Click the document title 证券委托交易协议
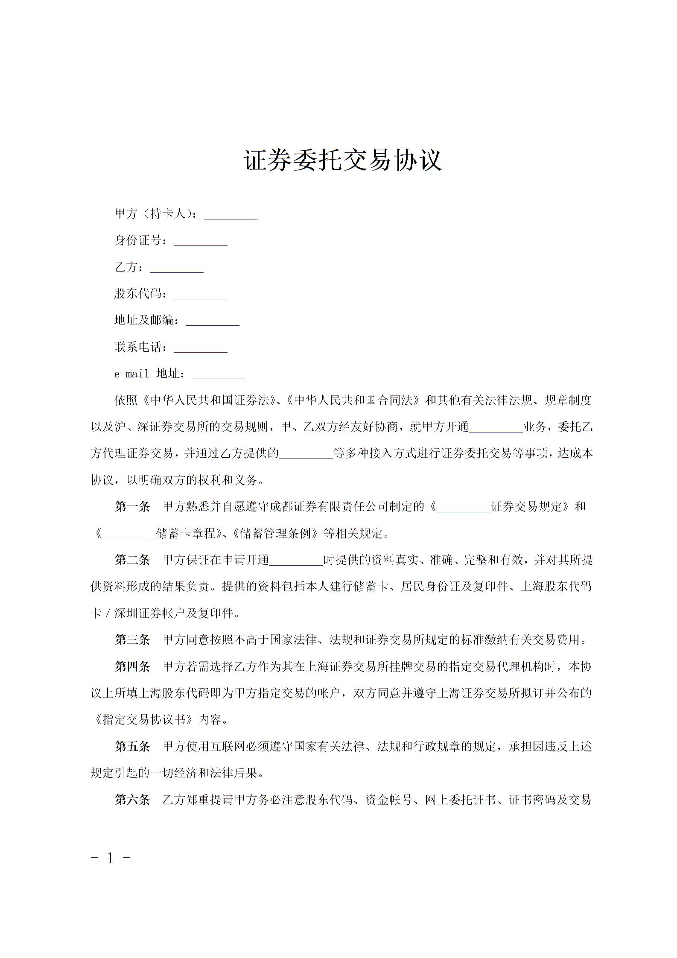pyautogui.click(x=342, y=161)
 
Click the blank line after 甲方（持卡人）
pyautogui.click(x=231, y=216)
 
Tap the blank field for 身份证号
pyautogui.click(x=201, y=242)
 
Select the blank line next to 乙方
pyautogui.click(x=177, y=269)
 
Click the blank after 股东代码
pyautogui.click(x=201, y=296)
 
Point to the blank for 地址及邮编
pyautogui.click(x=213, y=322)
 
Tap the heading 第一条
pyautogui.click(x=132, y=507)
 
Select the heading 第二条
pyautogui.click(x=132, y=560)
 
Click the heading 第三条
pyautogui.click(x=132, y=640)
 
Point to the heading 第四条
pyautogui.click(x=132, y=666)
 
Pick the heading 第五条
pyautogui.click(x=132, y=746)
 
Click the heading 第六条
pyautogui.click(x=132, y=800)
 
